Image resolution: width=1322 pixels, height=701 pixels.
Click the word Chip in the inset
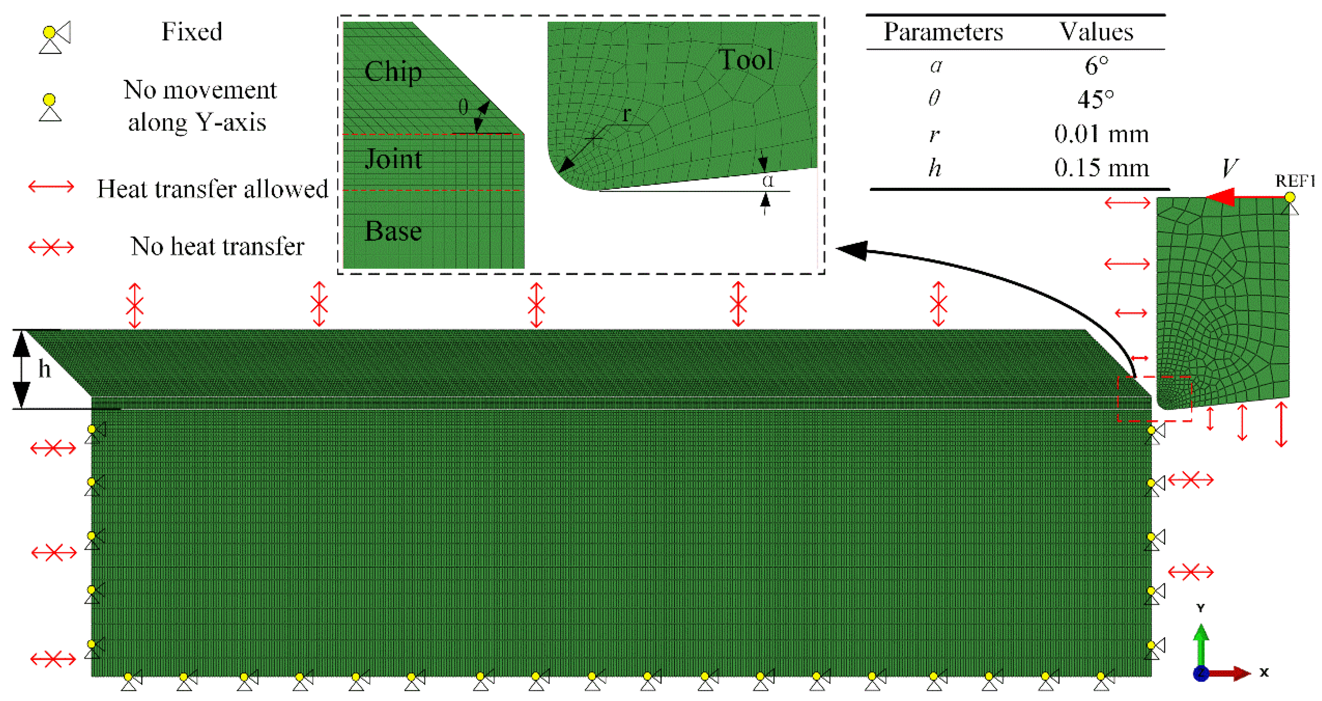coord(392,71)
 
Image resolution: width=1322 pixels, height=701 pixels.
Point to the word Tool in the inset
coord(745,60)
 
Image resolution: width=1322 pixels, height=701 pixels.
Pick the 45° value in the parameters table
coord(1096,98)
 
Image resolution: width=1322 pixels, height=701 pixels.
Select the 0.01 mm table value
coord(1101,134)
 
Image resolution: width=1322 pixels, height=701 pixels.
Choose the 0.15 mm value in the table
coord(1101,168)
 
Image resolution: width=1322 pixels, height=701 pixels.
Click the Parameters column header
coord(943,32)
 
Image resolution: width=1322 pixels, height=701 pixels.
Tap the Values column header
coord(1097,32)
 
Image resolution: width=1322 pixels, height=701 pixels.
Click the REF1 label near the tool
coord(1294,181)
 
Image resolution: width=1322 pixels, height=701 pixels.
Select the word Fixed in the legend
coord(192,32)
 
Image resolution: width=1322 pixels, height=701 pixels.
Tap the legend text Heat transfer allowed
coord(212,189)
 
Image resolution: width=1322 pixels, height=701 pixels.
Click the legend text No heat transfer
coord(217,246)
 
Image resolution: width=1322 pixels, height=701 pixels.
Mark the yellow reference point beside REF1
coord(1290,197)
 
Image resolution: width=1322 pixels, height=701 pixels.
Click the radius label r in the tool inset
coord(626,114)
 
